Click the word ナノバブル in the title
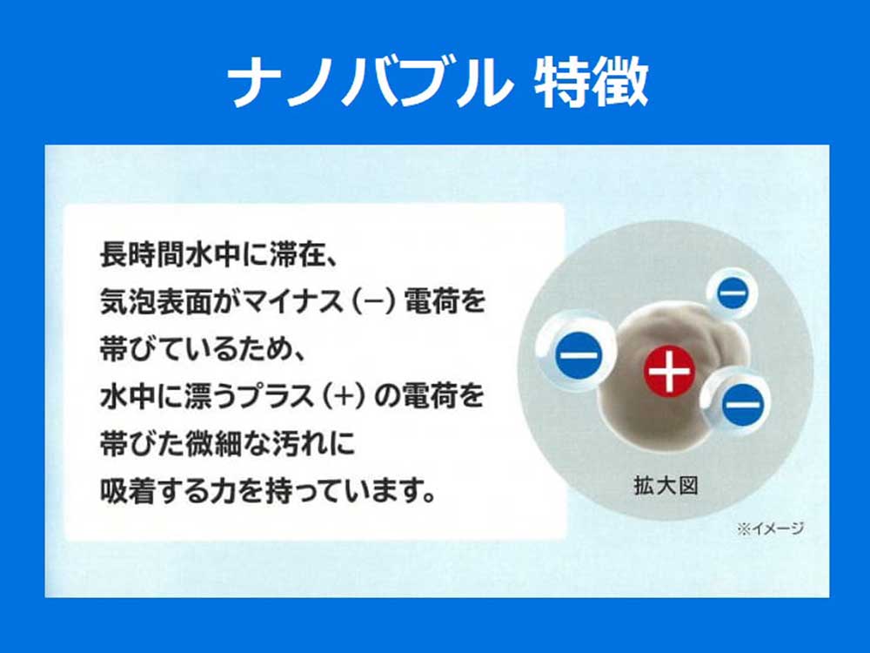coord(370,82)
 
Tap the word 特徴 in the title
coord(592,82)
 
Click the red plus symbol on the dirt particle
coord(669,372)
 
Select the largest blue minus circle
coord(579,355)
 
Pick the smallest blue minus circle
coord(733,293)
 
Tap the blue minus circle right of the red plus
coord(742,404)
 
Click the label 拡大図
coord(666,486)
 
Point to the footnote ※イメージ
coord(770,528)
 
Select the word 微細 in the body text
coord(214,444)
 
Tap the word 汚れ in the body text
coord(298,444)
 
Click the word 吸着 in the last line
coord(128,491)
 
